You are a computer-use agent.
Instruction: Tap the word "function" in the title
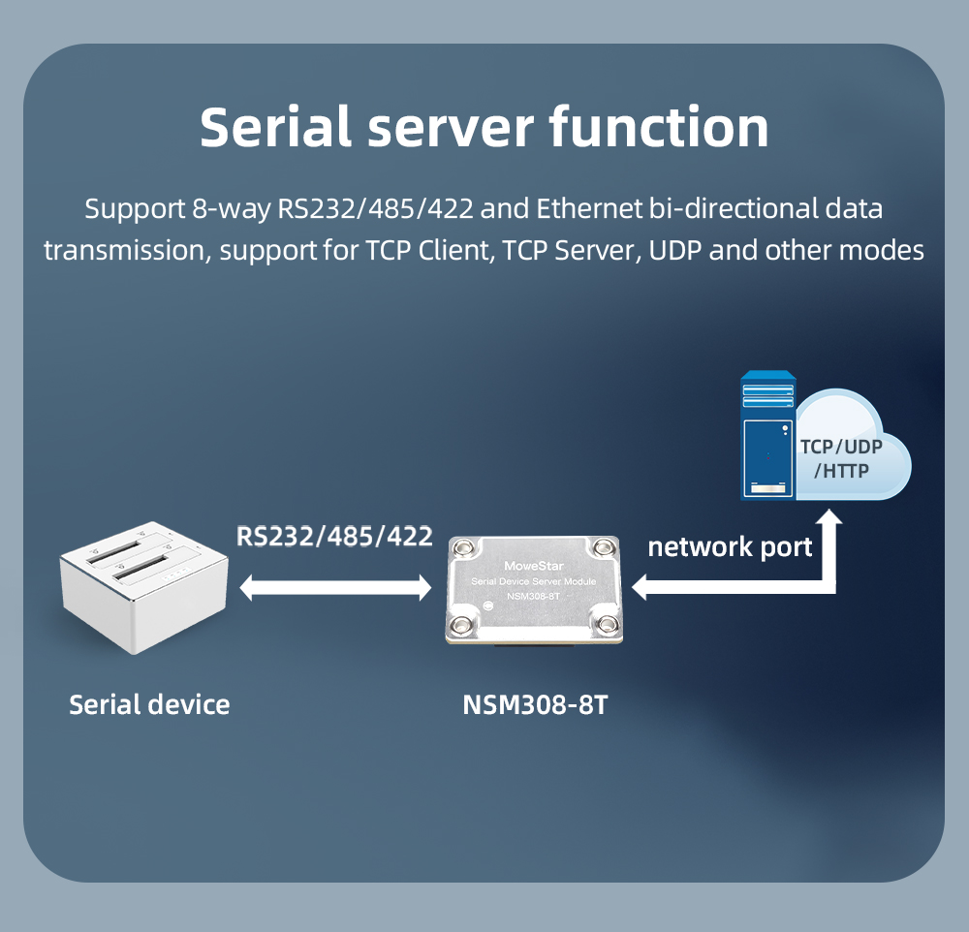pos(658,126)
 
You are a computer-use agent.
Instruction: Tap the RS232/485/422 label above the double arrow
pos(334,536)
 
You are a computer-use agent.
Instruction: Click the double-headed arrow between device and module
pos(335,586)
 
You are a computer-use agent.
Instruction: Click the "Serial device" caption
pos(149,704)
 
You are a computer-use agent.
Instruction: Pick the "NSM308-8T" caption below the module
pos(536,704)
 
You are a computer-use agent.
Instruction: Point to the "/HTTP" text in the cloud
pos(841,471)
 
